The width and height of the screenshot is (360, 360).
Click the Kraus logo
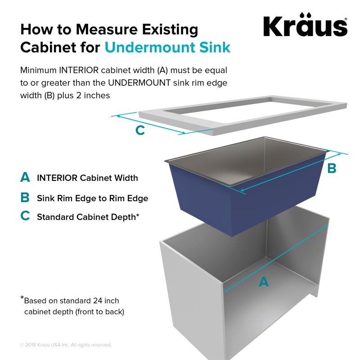306,24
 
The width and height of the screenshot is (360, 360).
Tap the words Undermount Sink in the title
167,48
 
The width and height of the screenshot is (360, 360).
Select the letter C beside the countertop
140,130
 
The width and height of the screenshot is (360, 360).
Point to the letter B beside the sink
332,168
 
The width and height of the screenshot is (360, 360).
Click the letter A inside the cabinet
264,282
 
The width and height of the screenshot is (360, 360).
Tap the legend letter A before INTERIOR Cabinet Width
25,177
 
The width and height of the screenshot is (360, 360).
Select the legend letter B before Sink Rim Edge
25,197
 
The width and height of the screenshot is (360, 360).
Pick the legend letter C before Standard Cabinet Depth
25,216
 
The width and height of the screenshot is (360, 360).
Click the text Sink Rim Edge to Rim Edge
93,198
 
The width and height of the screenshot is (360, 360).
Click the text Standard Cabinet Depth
86,217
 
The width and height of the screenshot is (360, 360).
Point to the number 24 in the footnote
98,301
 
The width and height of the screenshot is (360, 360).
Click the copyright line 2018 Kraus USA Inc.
66,345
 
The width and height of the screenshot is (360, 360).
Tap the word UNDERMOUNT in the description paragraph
139,83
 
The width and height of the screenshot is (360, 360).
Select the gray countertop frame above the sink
243,115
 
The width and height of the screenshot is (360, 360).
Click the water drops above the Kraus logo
306,15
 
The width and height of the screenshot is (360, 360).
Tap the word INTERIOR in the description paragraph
79,70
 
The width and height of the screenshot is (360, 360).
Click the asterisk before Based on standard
22,298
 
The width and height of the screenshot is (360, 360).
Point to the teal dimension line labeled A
275,259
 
